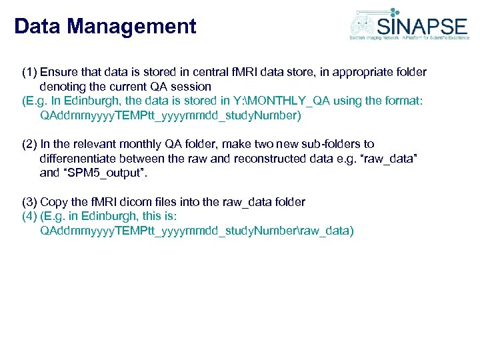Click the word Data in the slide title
pyautogui.click(x=37, y=27)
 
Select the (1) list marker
pyautogui.click(x=30, y=72)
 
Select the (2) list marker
pyautogui.click(x=30, y=144)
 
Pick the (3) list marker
pyautogui.click(x=30, y=202)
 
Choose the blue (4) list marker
pyautogui.click(x=30, y=217)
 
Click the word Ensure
pyautogui.click(x=59, y=72)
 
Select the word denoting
pyautogui.click(x=65, y=87)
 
